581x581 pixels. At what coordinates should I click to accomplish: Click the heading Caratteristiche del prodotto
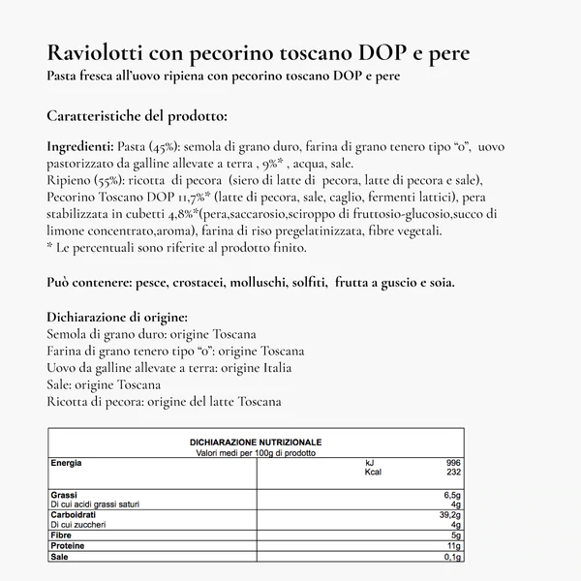point(137,117)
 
